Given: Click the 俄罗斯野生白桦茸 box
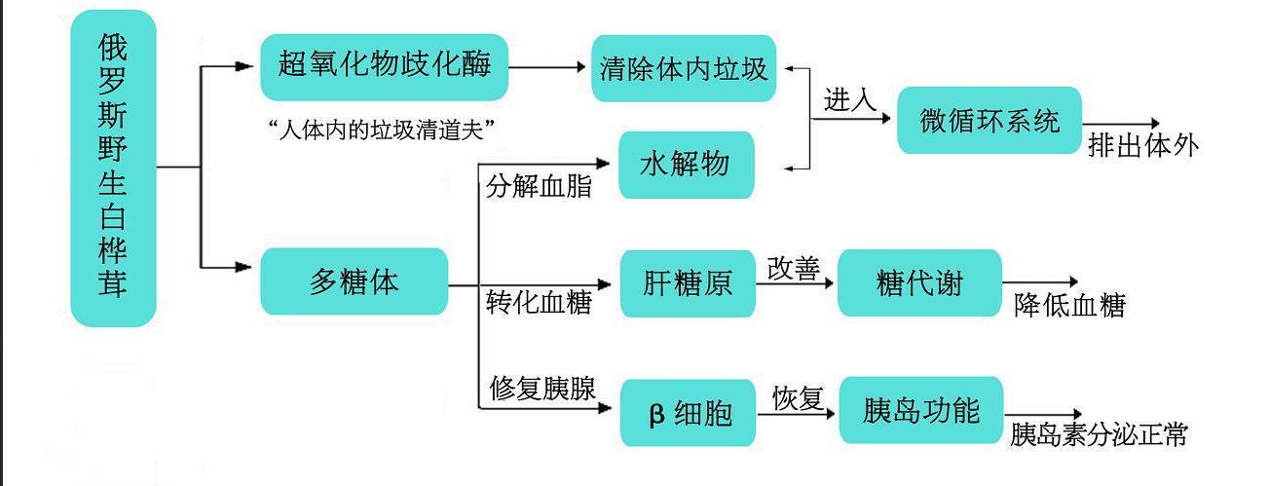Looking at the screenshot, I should pos(113,168).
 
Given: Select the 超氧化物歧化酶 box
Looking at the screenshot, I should pos(384,67).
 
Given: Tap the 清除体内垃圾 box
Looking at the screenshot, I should pos(684,68).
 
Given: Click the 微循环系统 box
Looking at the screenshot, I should pos(989,121).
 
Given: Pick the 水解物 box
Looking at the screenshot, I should pos(687,165).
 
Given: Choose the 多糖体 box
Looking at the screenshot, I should pos(354,281).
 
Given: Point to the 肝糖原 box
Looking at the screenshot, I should pos(688,283).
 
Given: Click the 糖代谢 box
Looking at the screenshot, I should pos(919,282).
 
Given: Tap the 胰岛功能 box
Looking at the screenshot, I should pos(920,410).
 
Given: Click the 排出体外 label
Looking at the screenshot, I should pos(1142,146).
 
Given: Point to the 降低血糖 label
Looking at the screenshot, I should pos(1069,306).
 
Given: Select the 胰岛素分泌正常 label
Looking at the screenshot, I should pos(1099,434).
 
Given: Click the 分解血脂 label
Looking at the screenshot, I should pos(539,186).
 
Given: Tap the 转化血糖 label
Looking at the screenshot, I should pos(539,303).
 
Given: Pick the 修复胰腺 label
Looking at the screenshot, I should pos(541,389).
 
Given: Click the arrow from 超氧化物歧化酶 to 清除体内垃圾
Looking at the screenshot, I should pos(549,68).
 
